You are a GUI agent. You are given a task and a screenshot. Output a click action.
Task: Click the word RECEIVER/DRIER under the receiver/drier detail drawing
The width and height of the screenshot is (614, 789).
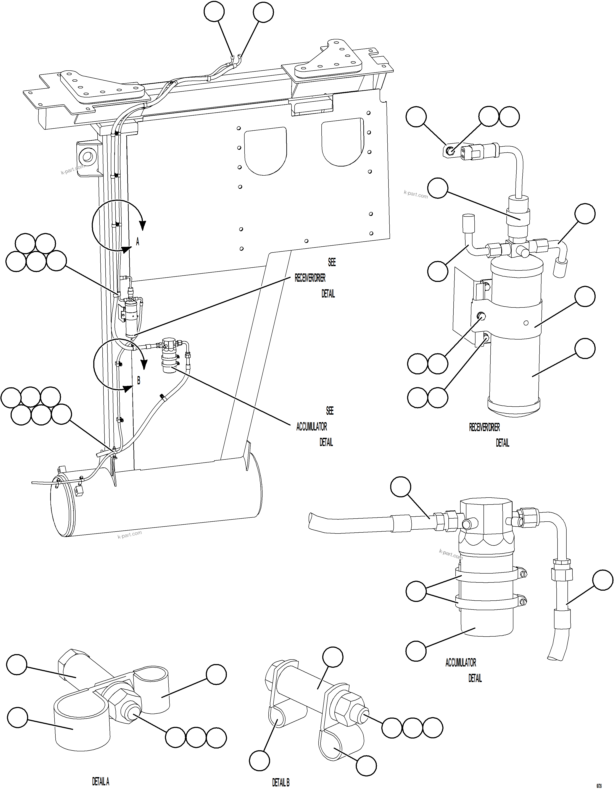[484, 427]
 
